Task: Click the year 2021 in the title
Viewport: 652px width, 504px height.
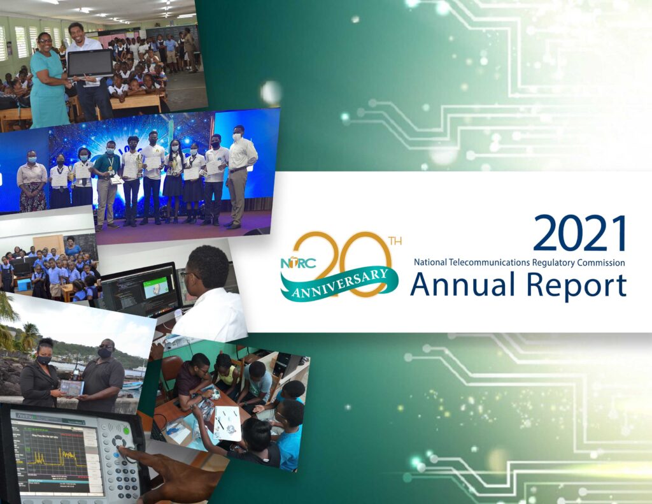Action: tap(579, 233)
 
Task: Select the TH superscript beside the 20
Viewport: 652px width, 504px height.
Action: tap(395, 241)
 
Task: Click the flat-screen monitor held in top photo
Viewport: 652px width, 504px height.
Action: tap(90, 63)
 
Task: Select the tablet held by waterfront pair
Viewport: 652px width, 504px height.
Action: tap(71, 387)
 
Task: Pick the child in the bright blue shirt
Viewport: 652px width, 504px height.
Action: tap(288, 440)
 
